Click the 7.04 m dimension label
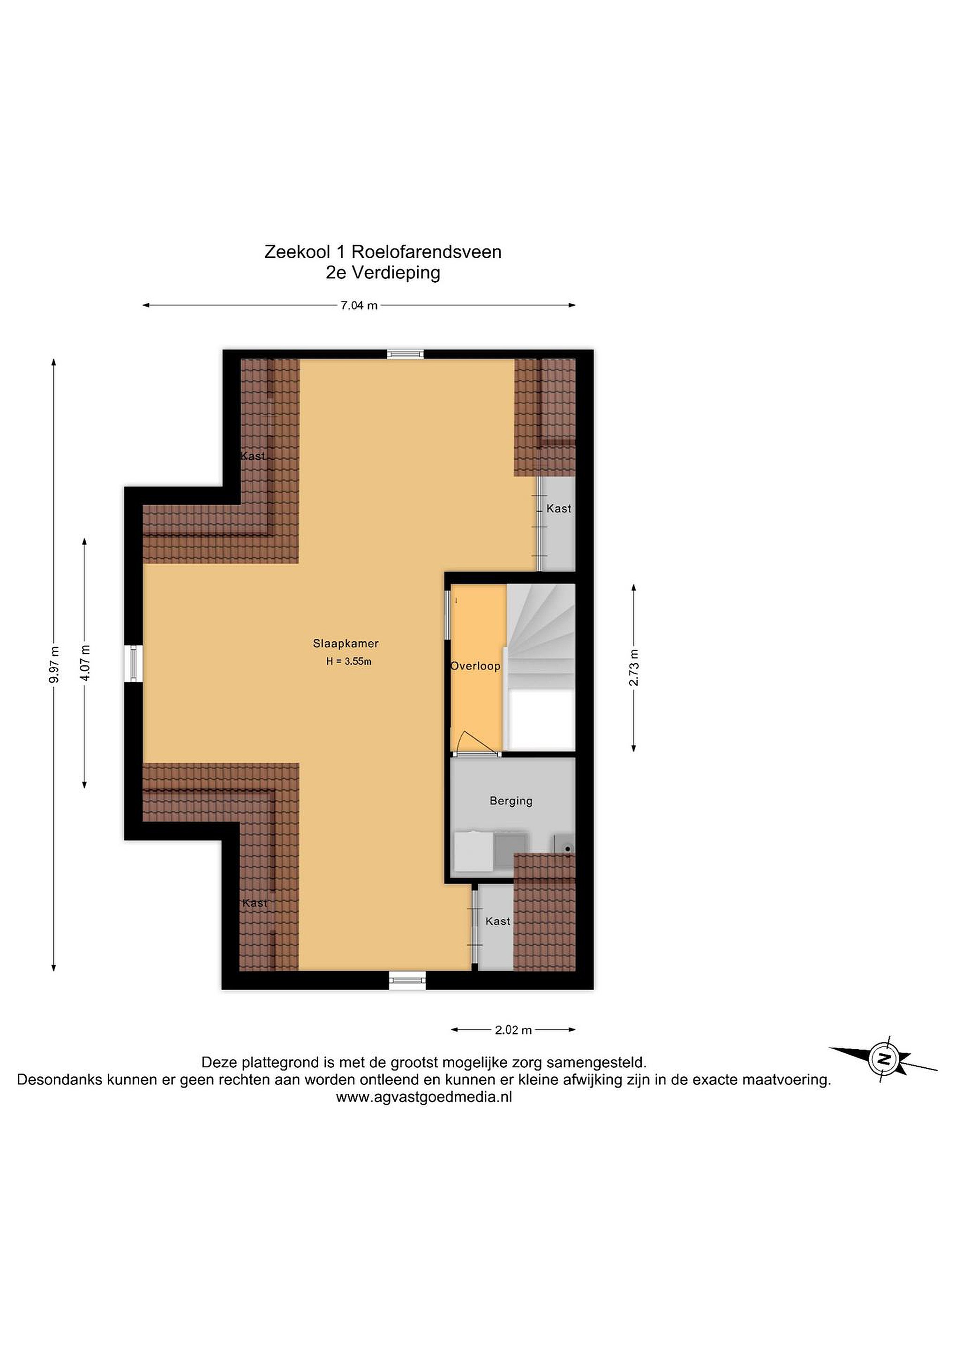pyautogui.click(x=359, y=306)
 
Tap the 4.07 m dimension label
pyautogui.click(x=85, y=663)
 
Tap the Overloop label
pyautogui.click(x=475, y=666)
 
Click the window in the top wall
pyautogui.click(x=405, y=354)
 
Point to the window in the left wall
pyautogui.click(x=134, y=664)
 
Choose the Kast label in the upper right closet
pyautogui.click(x=559, y=509)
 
